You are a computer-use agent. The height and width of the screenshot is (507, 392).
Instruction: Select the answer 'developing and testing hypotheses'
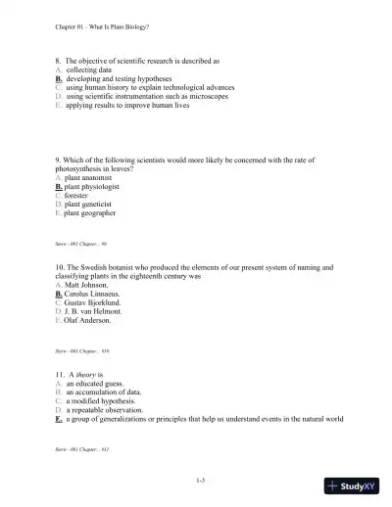pyautogui.click(x=117, y=78)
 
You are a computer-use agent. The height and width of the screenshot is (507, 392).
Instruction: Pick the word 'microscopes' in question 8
pyautogui.click(x=206, y=96)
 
